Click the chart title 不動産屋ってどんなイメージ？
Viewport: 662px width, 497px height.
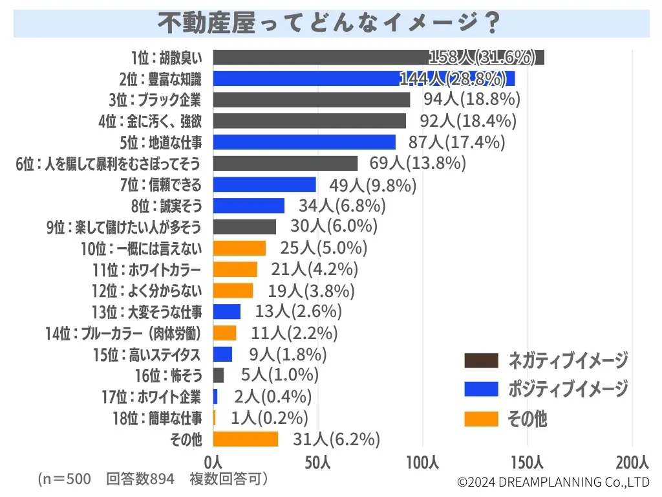[330, 23]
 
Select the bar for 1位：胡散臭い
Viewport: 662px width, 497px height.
[378, 58]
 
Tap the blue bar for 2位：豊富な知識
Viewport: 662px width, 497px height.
[363, 79]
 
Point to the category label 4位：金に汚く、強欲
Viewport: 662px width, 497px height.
[150, 121]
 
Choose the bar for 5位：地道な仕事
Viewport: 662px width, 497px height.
[304, 142]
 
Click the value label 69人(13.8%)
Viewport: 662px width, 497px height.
[417, 163]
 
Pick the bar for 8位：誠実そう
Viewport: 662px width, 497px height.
[248, 206]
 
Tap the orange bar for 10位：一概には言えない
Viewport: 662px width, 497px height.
[239, 248]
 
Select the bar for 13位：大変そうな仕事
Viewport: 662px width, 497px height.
[226, 311]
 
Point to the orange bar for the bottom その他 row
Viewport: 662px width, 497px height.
[245, 439]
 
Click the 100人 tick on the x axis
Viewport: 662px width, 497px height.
[423, 463]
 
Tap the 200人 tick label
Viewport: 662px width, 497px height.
[632, 463]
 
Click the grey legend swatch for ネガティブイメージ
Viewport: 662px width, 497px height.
[482, 360]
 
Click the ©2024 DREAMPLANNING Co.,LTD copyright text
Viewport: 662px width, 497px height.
[553, 482]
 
